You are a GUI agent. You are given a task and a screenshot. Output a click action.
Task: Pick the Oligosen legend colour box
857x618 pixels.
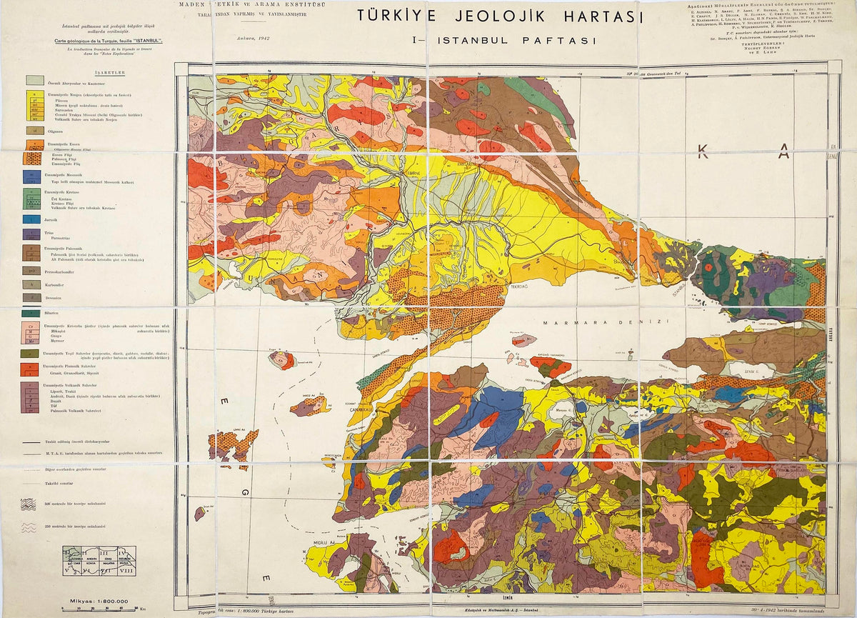[x=31, y=131]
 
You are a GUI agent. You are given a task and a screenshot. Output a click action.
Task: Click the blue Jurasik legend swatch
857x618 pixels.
[x=31, y=219]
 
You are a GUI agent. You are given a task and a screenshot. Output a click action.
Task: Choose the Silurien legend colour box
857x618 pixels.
[x=31, y=313]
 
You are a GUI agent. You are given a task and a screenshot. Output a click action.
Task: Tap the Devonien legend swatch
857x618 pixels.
[x=31, y=297]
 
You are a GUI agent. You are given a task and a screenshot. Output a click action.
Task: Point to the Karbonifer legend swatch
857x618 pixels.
[x=31, y=284]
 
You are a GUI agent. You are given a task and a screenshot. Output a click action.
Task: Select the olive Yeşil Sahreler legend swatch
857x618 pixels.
[x=31, y=353]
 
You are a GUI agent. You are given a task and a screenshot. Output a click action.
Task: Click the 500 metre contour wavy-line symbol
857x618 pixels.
[x=29, y=504]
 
